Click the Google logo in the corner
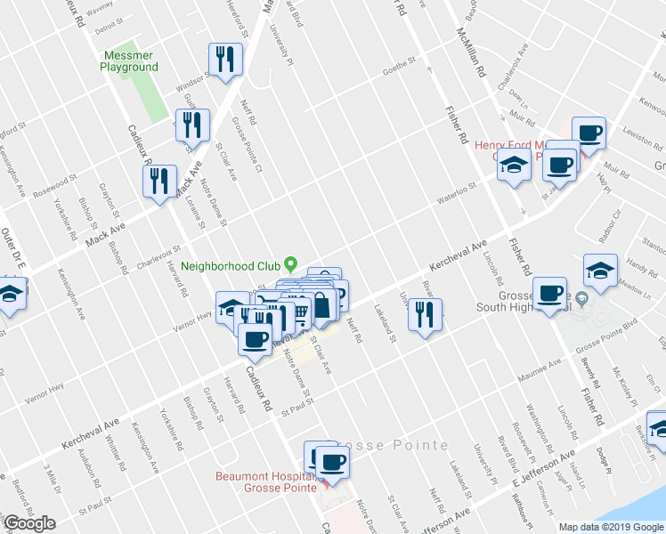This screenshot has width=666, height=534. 29,523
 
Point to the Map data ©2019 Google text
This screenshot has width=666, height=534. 610,527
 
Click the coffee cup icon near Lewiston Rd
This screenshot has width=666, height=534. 589,133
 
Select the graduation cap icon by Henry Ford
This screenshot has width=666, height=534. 514,166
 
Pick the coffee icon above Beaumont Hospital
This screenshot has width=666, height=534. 332,461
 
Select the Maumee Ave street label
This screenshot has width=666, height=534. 541,364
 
